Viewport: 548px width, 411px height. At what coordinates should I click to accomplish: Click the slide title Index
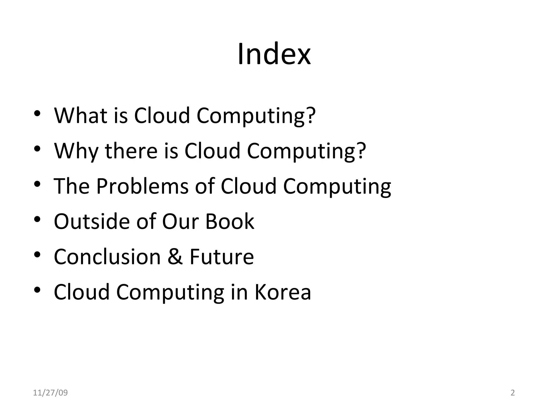tap(274, 54)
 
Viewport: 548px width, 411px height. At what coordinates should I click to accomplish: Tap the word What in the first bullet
tap(81, 116)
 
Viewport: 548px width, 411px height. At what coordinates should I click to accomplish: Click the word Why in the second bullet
tap(76, 151)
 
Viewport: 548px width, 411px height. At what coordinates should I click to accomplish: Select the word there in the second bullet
tap(131, 151)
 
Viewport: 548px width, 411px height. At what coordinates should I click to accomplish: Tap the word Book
tap(230, 222)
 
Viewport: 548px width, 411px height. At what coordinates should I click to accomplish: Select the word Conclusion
tap(107, 257)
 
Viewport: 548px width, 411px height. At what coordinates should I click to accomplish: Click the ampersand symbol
tap(175, 257)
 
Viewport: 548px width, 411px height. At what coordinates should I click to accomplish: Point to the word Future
tap(222, 257)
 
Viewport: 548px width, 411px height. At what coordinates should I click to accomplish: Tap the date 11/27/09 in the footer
tap(50, 393)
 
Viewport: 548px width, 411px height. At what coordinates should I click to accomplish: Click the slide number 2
tap(513, 393)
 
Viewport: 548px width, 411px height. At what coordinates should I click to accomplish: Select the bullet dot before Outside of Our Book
tap(37, 219)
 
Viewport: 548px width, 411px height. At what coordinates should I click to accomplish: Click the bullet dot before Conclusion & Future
tap(37, 255)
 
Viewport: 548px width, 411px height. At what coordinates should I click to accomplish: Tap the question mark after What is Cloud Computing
tap(311, 116)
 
